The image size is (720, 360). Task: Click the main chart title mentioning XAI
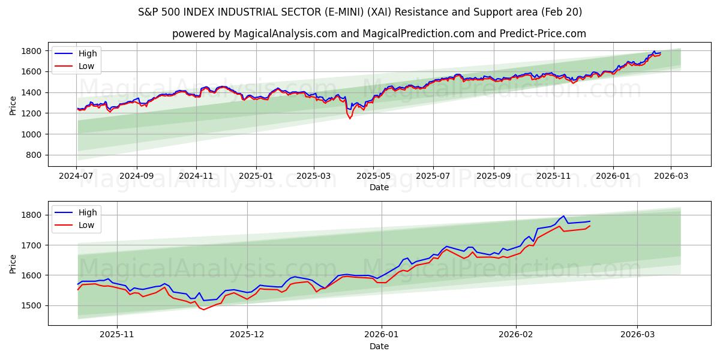coord(360,12)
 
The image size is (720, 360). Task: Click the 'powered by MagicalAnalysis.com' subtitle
coord(379,34)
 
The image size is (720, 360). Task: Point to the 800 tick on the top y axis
coord(34,155)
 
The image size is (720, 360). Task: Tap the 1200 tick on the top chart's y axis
coord(32,113)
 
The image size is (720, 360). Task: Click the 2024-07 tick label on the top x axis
coord(76,177)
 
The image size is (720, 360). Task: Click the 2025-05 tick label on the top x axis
coord(373,177)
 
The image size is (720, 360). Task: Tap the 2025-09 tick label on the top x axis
coord(494,177)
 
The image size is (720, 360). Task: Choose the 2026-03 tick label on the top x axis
coord(671,177)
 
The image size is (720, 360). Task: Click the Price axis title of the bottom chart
coord(13,263)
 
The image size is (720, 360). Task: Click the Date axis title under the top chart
coord(379,187)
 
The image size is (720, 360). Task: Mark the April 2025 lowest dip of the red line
coord(350,118)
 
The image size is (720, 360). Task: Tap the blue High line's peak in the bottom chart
coord(563,216)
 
